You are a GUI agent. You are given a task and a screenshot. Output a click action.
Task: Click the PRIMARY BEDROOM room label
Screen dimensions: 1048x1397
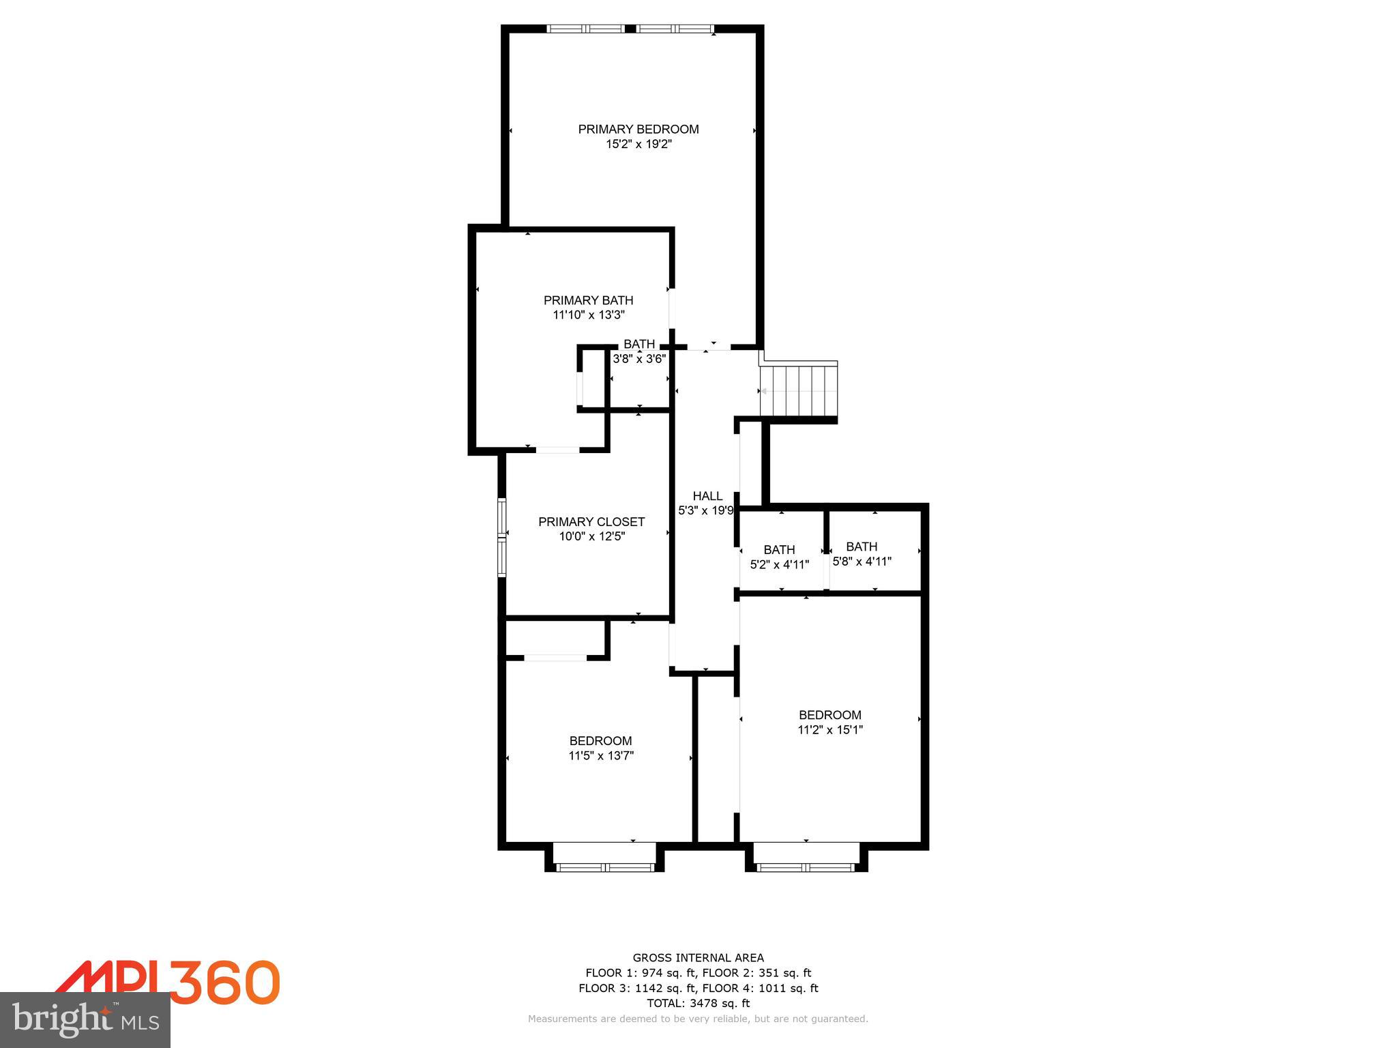tap(638, 129)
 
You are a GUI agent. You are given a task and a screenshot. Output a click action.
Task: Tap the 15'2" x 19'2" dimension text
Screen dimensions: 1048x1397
tap(638, 144)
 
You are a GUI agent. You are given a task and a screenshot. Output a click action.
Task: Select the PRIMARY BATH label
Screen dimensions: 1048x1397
tap(588, 300)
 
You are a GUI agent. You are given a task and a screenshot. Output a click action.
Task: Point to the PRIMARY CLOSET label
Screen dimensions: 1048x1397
tap(591, 522)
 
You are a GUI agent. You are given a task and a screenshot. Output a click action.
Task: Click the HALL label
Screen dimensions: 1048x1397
tap(707, 496)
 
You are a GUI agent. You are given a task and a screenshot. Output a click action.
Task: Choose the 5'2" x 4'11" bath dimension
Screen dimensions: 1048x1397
tap(779, 565)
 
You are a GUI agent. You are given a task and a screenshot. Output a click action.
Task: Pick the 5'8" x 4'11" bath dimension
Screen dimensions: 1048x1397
tap(862, 562)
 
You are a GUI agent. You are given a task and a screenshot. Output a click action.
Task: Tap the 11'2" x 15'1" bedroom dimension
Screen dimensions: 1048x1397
tap(830, 729)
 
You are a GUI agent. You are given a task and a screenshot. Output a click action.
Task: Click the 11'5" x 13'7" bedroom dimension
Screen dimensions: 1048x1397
tap(601, 755)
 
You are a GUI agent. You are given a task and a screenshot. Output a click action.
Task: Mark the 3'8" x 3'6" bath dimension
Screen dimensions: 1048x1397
tap(639, 359)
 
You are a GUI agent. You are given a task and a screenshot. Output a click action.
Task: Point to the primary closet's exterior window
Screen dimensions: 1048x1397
tap(502, 538)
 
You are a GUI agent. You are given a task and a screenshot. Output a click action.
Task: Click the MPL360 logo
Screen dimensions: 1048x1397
tap(168, 982)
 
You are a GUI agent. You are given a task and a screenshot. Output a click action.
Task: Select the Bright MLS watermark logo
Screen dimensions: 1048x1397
tap(85, 1019)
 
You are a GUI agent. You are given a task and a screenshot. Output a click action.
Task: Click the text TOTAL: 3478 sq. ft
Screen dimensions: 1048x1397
tap(698, 1003)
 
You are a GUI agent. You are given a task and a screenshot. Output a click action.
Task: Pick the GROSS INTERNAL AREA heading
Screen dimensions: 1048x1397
tap(698, 958)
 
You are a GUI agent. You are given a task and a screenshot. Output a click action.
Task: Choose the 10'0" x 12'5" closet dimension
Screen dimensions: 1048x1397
tap(591, 536)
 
